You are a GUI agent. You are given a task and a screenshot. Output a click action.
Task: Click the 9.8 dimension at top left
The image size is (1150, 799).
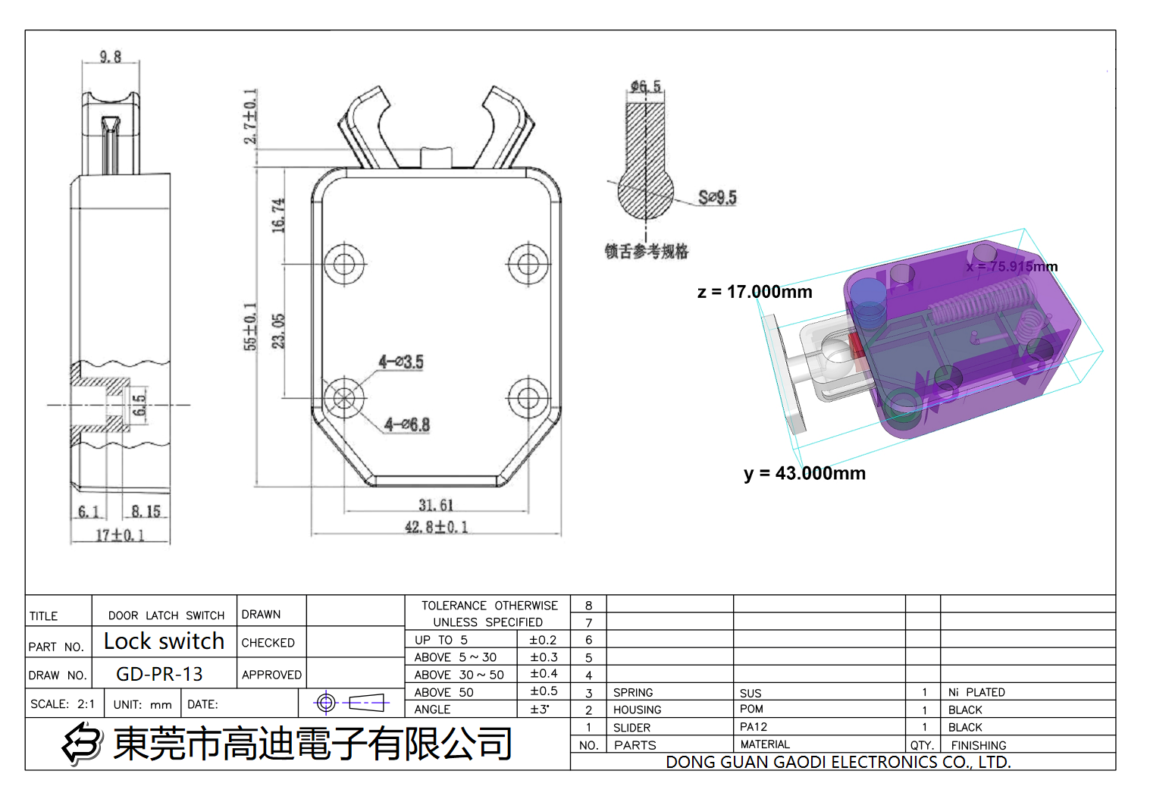[110, 57]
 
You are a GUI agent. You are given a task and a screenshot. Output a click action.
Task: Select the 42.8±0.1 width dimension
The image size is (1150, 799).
[436, 527]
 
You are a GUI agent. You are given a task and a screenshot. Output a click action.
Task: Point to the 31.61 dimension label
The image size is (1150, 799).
[436, 505]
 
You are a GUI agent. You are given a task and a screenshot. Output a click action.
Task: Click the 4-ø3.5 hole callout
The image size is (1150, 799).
[401, 362]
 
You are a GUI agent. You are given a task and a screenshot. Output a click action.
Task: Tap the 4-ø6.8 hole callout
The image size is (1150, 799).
[406, 425]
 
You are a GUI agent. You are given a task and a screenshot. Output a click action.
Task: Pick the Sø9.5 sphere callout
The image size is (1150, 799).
[716, 198]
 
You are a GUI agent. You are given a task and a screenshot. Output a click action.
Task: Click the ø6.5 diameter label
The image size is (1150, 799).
[645, 86]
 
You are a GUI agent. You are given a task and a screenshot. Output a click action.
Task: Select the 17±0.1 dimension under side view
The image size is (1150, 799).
[120, 535]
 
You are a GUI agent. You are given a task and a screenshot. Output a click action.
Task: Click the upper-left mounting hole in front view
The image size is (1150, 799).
[344, 265]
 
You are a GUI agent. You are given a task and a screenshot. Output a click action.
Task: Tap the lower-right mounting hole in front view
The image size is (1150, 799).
[528, 397]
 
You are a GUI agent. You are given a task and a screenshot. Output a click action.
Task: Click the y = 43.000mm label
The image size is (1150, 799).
[804, 474]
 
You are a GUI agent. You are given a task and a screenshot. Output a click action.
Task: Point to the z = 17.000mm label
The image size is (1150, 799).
[754, 292]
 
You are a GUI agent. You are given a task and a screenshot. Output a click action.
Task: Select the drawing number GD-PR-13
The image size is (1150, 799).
[159, 674]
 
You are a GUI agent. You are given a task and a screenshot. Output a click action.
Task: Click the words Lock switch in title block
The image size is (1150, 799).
[164, 641]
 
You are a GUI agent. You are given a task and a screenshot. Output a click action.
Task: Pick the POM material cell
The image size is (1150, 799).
[751, 709]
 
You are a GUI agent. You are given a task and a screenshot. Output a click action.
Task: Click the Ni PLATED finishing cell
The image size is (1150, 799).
[976, 692]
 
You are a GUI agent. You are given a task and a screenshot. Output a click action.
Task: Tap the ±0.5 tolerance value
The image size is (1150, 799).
[544, 691]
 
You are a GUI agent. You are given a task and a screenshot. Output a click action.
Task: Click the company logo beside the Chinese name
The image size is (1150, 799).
[82, 743]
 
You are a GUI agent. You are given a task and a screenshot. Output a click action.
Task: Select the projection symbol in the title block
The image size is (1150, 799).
[351, 703]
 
